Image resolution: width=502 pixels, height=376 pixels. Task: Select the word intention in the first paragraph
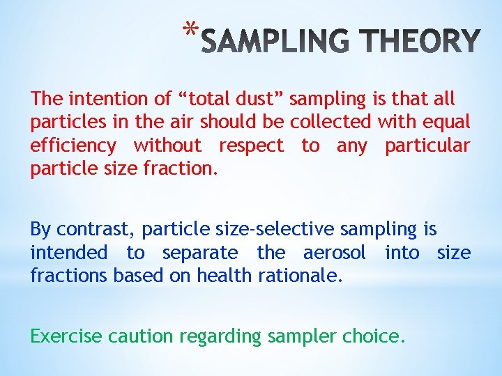(93, 100)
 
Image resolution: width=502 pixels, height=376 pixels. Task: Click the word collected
(331, 123)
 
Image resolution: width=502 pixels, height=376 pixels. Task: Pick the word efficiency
(73, 146)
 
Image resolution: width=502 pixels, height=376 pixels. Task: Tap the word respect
(251, 146)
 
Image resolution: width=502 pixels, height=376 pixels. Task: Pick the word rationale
(300, 275)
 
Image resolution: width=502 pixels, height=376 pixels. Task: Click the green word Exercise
(66, 336)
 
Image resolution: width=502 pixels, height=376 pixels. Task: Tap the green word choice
(373, 336)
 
